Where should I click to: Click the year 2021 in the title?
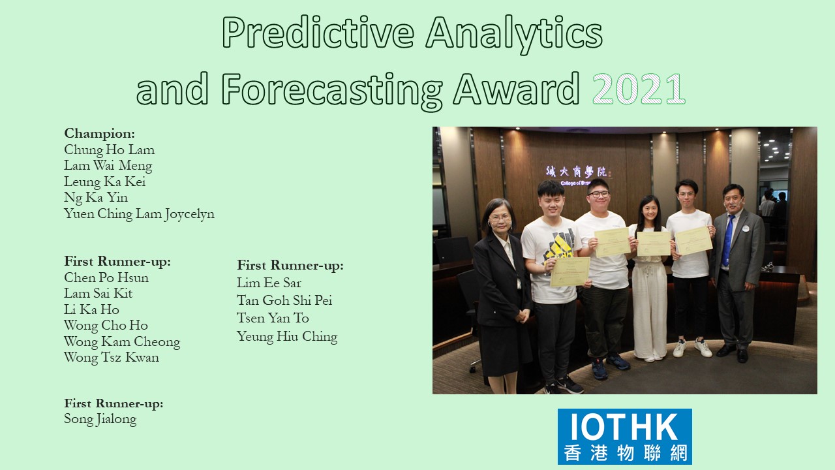pos(639,89)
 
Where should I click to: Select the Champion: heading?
pos(100,133)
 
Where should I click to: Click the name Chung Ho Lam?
pos(109,150)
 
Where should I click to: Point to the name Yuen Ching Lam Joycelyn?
pos(139,214)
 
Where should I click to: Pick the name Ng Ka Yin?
pos(96,198)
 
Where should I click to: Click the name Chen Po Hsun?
pos(106,277)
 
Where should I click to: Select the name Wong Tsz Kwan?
pos(112,357)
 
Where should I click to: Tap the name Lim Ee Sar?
pos(269,283)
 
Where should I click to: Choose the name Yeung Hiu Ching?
pos(287,336)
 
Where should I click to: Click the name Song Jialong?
pos(100,419)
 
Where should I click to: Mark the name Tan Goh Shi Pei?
pos(284,300)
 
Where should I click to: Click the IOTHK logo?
pos(625,437)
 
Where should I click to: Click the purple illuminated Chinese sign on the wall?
pos(579,172)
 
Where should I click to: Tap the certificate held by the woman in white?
pos(654,243)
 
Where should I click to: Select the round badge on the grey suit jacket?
pos(746,228)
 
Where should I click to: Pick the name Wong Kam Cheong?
pos(122,341)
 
